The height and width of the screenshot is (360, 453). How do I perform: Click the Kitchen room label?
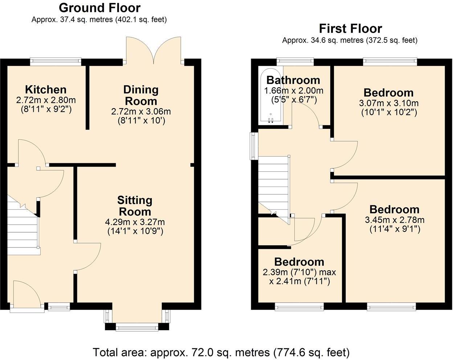(46, 89)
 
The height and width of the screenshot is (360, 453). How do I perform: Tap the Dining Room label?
(141, 95)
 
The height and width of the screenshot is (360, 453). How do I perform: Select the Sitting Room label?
(135, 206)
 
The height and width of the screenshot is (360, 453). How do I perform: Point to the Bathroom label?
(293, 80)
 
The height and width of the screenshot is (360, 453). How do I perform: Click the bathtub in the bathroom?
(270, 95)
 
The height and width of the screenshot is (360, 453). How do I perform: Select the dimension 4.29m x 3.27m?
(135, 222)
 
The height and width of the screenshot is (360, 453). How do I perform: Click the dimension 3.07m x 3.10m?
(389, 103)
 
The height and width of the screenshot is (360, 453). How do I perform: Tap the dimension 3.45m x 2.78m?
(395, 220)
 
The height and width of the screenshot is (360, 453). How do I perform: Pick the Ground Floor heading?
(99, 8)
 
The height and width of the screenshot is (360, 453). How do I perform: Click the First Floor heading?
(350, 28)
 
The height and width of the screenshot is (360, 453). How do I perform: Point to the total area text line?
(221, 352)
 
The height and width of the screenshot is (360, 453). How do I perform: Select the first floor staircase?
(273, 185)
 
